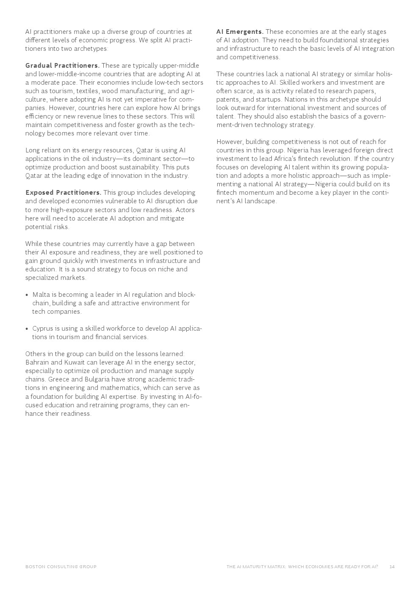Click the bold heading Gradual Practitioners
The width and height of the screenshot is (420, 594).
click(62, 66)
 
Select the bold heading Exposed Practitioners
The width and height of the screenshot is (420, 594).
click(63, 193)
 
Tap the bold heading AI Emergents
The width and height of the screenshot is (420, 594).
click(240, 32)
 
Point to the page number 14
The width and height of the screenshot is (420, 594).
click(392, 566)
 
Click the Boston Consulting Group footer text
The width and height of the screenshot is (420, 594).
click(61, 566)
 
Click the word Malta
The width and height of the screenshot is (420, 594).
click(41, 295)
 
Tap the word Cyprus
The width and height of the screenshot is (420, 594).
click(43, 329)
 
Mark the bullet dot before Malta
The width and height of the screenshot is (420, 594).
click(27, 295)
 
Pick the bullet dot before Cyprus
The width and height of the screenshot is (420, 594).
click(27, 329)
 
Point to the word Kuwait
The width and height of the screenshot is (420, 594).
click(74, 362)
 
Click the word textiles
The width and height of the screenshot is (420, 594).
click(87, 91)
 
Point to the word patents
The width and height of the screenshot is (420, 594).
click(229, 99)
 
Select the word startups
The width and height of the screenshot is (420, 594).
click(268, 99)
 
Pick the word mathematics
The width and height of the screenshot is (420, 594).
click(119, 388)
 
